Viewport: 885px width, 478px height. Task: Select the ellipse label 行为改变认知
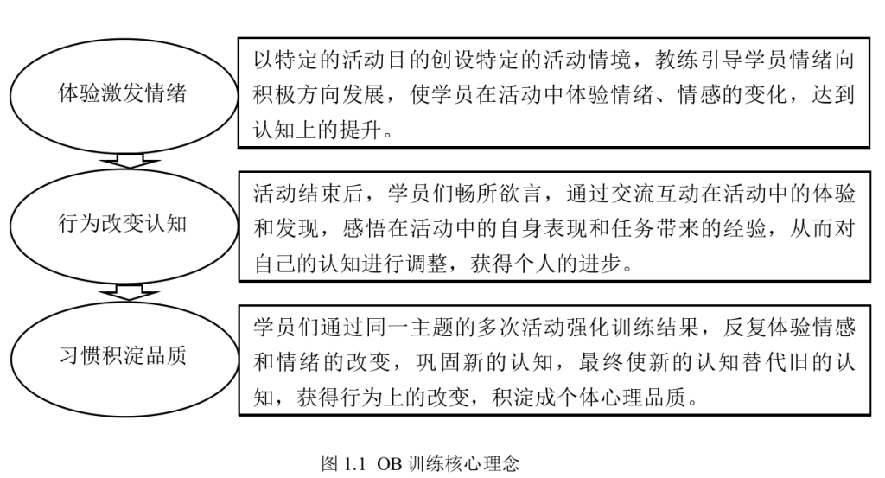click(x=122, y=224)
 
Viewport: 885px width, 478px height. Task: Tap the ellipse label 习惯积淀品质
click(x=123, y=355)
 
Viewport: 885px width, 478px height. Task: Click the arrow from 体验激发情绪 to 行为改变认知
click(x=129, y=160)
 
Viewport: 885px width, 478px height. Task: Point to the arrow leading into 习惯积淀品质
click(x=129, y=292)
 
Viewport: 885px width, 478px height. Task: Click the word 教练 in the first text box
click(x=677, y=60)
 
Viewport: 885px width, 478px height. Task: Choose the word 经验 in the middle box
click(x=743, y=228)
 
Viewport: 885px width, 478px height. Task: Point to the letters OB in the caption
click(x=389, y=464)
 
